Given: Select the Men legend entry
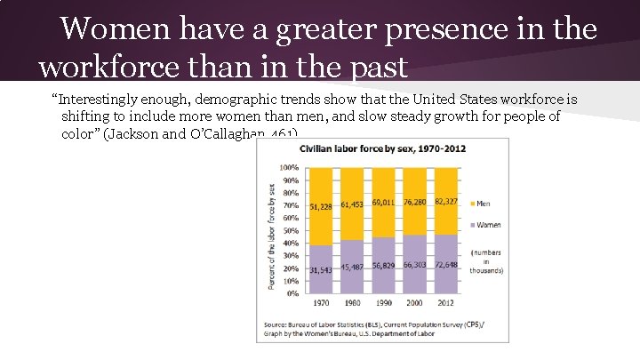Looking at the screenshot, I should (482, 204).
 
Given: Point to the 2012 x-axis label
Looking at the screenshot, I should (446, 303).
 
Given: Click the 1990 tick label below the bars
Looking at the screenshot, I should (383, 303).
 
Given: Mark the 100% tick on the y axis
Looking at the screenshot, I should (289, 167).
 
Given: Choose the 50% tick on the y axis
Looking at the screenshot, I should (291, 230).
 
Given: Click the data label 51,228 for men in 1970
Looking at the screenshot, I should (321, 206).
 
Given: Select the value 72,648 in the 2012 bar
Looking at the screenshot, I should (446, 265).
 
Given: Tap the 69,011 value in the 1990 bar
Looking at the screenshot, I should (384, 202).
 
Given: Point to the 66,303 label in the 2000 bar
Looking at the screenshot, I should (415, 265).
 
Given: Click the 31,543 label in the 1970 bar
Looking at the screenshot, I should (321, 269).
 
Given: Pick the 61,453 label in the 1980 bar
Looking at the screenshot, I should (352, 204).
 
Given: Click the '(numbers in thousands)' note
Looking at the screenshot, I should (486, 261).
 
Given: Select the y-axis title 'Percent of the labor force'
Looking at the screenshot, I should (270, 236).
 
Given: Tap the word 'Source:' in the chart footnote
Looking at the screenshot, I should (276, 326).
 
